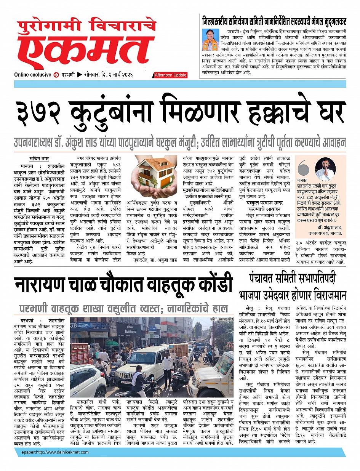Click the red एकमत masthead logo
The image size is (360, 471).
(x=84, y=51)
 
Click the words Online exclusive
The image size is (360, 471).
(x=33, y=75)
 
